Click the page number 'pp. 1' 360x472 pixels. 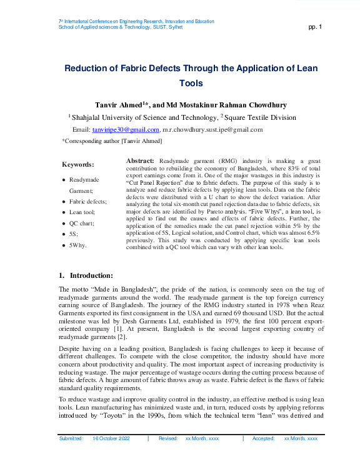pyautogui.click(x=315, y=27)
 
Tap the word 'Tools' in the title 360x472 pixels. pyautogui.click(x=191, y=83)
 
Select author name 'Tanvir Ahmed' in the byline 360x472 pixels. pyautogui.click(x=118, y=105)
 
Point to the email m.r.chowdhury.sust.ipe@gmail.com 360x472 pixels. pyautogui.click(x=212, y=129)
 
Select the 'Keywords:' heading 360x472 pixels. pyautogui.click(x=77, y=165)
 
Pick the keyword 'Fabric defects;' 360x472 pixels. pyautogui.click(x=88, y=202)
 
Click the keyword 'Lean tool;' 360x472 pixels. pyautogui.click(x=82, y=212)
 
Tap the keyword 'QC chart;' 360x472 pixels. pyautogui.click(x=82, y=224)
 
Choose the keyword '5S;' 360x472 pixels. pyautogui.click(x=74, y=234)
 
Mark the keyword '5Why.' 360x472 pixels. pyautogui.click(x=78, y=245)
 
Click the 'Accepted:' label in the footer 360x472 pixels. pyautogui.click(x=264, y=439)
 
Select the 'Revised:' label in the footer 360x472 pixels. pyautogui.click(x=168, y=439)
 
